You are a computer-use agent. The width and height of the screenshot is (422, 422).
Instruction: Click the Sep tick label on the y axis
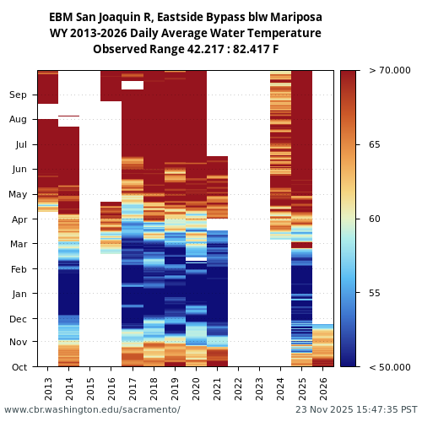point(18,95)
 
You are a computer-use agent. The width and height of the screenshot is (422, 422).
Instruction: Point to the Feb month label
point(18,269)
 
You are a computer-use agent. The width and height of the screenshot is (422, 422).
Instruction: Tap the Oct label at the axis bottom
point(18,367)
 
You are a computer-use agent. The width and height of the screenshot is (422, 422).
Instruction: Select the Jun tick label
point(18,170)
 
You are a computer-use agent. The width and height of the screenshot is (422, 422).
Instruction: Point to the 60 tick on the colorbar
point(375,219)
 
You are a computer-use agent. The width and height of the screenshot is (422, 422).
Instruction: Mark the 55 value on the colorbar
point(375,293)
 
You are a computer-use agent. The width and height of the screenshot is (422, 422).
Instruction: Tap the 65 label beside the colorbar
point(375,145)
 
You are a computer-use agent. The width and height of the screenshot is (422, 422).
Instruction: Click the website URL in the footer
point(92,410)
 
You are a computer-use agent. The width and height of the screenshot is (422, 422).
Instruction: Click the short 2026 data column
point(323,345)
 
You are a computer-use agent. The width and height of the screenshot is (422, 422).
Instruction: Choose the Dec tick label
point(18,319)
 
